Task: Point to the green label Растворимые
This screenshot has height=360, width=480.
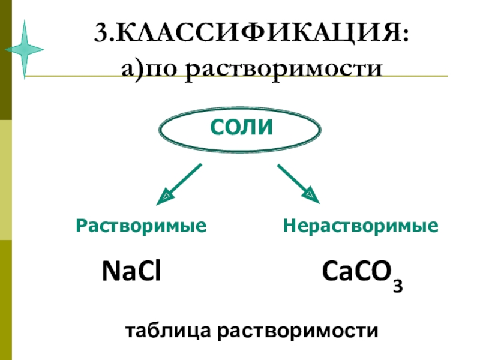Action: [x=140, y=226]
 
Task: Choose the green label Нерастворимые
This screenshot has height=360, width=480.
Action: [x=361, y=226]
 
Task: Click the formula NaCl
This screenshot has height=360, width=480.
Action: [x=132, y=271]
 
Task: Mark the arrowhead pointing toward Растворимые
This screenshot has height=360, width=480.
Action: [x=164, y=196]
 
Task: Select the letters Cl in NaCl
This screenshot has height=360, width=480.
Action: [x=151, y=271]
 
